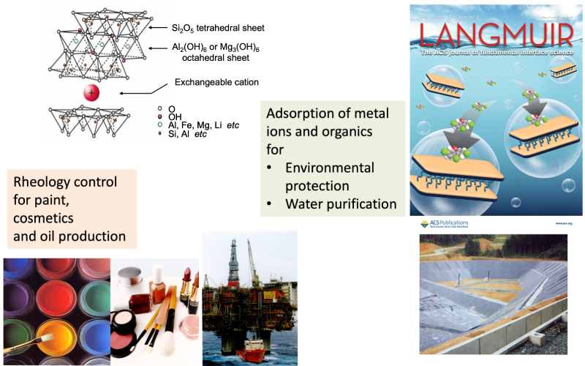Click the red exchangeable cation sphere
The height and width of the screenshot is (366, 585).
(91, 92)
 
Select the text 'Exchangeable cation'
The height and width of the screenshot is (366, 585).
(216, 82)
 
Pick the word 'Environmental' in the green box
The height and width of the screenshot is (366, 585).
(330, 167)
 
